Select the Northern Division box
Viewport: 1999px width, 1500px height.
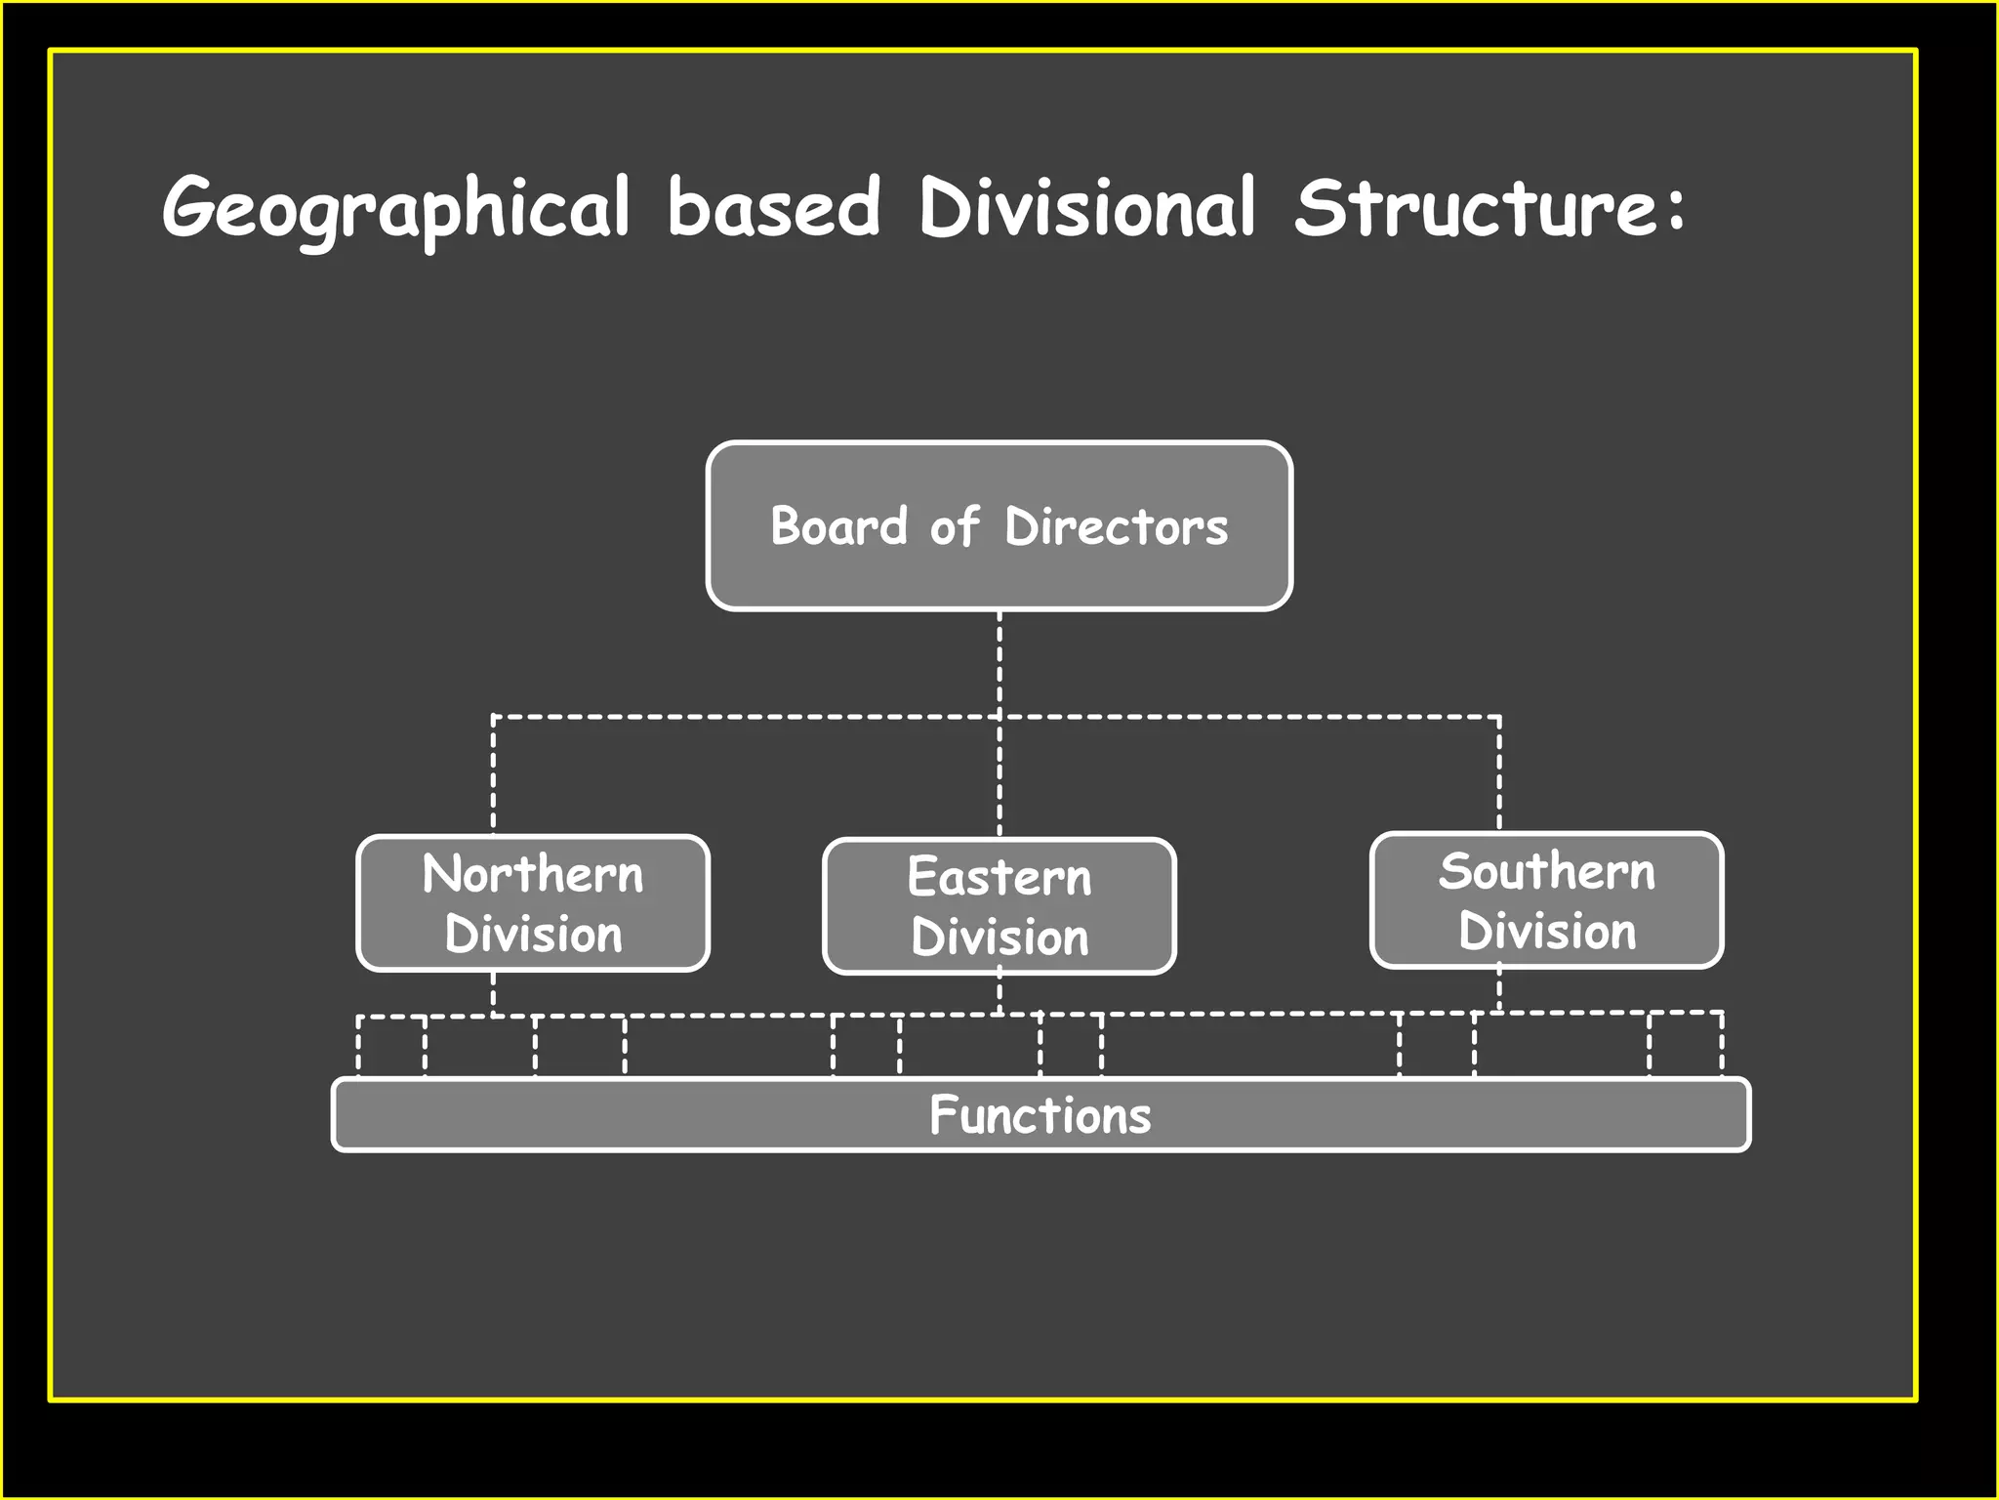click(533, 903)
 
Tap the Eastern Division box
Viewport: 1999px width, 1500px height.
click(999, 906)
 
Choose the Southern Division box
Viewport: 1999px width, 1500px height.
click(1546, 900)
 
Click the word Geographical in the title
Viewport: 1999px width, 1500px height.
click(396, 208)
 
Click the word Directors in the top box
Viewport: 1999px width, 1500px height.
click(1116, 526)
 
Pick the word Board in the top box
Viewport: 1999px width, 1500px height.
click(839, 526)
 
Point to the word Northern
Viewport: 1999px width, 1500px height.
click(533, 873)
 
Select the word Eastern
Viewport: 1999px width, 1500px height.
click(999, 876)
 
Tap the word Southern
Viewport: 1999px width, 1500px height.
click(1546, 870)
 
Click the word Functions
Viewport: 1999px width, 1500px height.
click(1040, 1114)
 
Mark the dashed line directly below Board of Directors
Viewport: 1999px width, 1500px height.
click(999, 664)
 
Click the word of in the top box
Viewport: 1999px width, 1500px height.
click(954, 526)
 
